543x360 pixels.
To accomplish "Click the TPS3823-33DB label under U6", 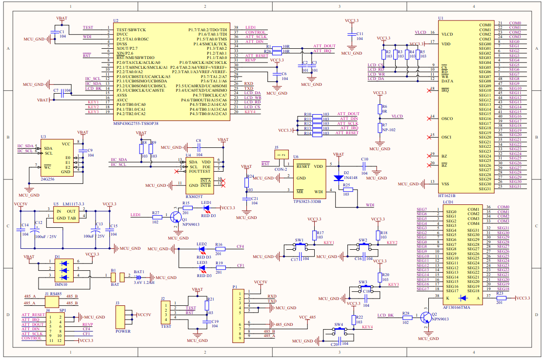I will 307,201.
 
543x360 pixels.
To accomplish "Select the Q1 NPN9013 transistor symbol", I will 176,217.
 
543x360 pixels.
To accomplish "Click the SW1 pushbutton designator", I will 299,240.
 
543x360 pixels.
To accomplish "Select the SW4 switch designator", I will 338,325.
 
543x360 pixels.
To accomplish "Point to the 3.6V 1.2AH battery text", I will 144,282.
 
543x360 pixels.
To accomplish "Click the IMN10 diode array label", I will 61,284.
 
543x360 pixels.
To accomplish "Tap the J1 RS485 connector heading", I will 53,294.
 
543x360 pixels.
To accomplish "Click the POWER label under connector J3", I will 123,331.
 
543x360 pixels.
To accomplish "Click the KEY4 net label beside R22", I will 367,327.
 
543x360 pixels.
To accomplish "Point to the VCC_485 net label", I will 308,318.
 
